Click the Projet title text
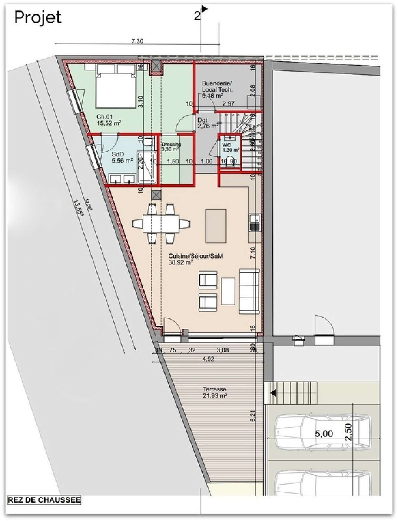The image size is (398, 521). (38, 18)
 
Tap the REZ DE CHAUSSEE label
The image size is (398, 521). (44, 500)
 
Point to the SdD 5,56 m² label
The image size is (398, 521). (122, 158)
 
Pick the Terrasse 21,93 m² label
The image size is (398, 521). (214, 392)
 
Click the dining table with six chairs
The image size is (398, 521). (161, 224)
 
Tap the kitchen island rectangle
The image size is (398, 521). (216, 226)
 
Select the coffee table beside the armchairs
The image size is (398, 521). (228, 291)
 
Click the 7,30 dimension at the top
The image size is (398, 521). (137, 41)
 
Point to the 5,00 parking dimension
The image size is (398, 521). (324, 434)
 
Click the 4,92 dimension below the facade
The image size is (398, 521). (208, 359)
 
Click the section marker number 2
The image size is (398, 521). (197, 16)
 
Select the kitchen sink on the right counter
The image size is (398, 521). (255, 219)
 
